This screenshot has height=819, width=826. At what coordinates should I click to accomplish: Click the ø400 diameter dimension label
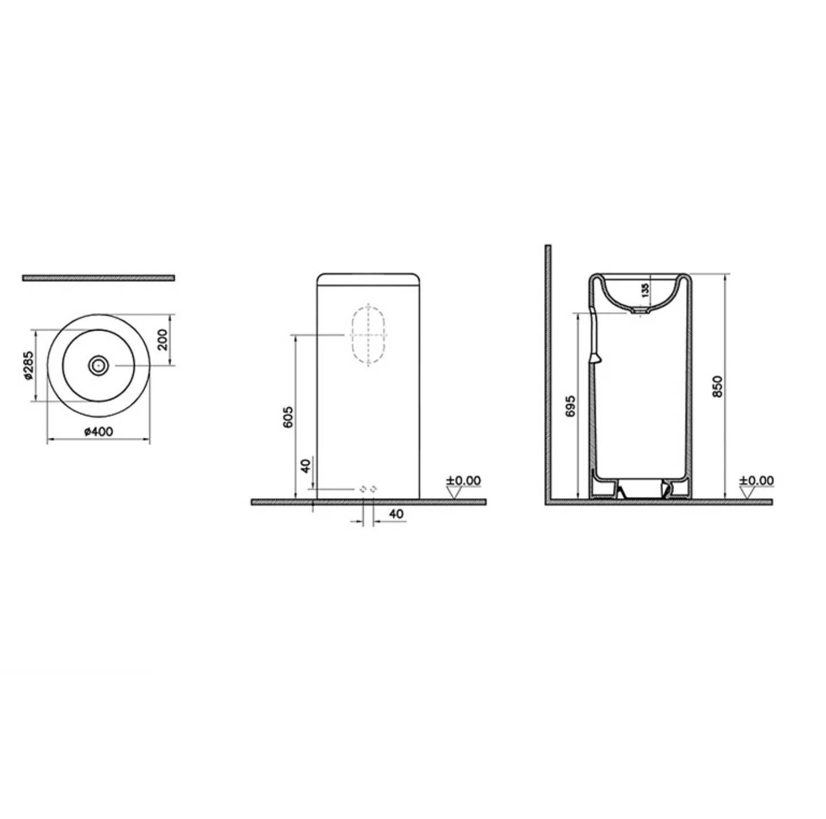pyautogui.click(x=99, y=431)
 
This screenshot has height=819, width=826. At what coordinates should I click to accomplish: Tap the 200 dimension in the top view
pyautogui.click(x=163, y=340)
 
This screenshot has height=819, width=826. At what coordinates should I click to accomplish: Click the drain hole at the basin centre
pyautogui.click(x=99, y=366)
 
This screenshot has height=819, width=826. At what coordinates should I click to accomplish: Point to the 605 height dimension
pyautogui.click(x=288, y=417)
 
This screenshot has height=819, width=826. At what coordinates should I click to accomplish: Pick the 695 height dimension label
pyautogui.click(x=570, y=406)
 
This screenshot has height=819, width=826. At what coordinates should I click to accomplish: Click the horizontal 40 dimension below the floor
pyautogui.click(x=397, y=514)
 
